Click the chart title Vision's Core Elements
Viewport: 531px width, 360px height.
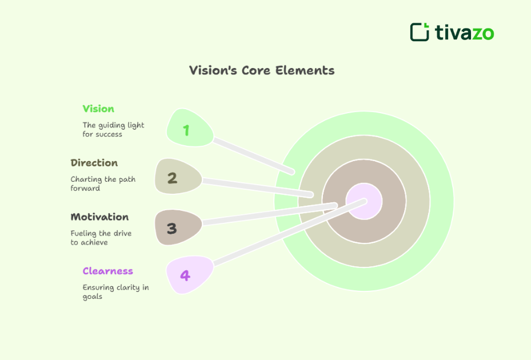[262, 70]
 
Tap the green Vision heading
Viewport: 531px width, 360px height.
[98, 109]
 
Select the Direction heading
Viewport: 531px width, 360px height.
[94, 163]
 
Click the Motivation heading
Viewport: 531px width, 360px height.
[99, 217]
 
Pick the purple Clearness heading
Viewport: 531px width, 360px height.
[107, 271]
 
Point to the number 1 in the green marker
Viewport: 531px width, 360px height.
[186, 130]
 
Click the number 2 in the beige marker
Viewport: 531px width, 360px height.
[172, 178]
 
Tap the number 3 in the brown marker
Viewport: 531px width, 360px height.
[171, 229]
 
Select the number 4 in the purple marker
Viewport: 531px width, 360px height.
[185, 275]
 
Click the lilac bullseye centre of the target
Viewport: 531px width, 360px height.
[365, 201]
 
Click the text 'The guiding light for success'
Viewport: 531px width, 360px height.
[113, 130]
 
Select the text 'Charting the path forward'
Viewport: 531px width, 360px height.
[103, 183]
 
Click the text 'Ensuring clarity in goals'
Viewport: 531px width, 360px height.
[115, 291]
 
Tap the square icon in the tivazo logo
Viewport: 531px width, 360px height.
[420, 32]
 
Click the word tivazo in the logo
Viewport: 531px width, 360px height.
[464, 33]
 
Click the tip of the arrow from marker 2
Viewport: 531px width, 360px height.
[311, 195]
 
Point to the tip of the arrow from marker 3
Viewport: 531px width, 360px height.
[335, 205]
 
